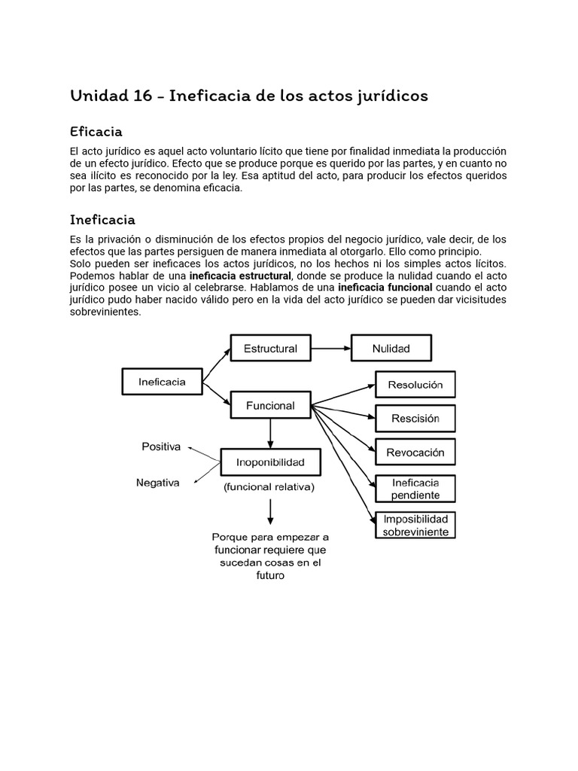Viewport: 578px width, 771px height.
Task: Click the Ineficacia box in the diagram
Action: tap(162, 382)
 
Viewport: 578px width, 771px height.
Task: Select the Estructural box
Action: tap(270, 349)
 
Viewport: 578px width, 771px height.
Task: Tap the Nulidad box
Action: tap(391, 349)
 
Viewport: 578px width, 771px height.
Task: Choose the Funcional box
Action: tap(270, 406)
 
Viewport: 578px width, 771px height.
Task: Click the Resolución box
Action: tap(415, 385)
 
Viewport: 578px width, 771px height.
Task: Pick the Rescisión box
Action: tap(415, 419)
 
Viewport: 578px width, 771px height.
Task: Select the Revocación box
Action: tap(415, 453)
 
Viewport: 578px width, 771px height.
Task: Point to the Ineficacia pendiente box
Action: tap(415, 489)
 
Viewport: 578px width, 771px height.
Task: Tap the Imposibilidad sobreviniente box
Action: tap(415, 525)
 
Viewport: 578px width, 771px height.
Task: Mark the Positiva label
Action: tap(161, 446)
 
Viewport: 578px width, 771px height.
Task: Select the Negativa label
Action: tap(157, 483)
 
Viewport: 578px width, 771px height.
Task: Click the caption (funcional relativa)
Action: tap(269, 487)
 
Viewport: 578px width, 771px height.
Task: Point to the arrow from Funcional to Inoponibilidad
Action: tap(270, 434)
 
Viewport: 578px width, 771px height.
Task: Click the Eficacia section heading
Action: tap(96, 132)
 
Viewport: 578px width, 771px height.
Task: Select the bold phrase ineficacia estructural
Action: tap(240, 276)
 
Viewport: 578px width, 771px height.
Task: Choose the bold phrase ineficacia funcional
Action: tap(385, 288)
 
